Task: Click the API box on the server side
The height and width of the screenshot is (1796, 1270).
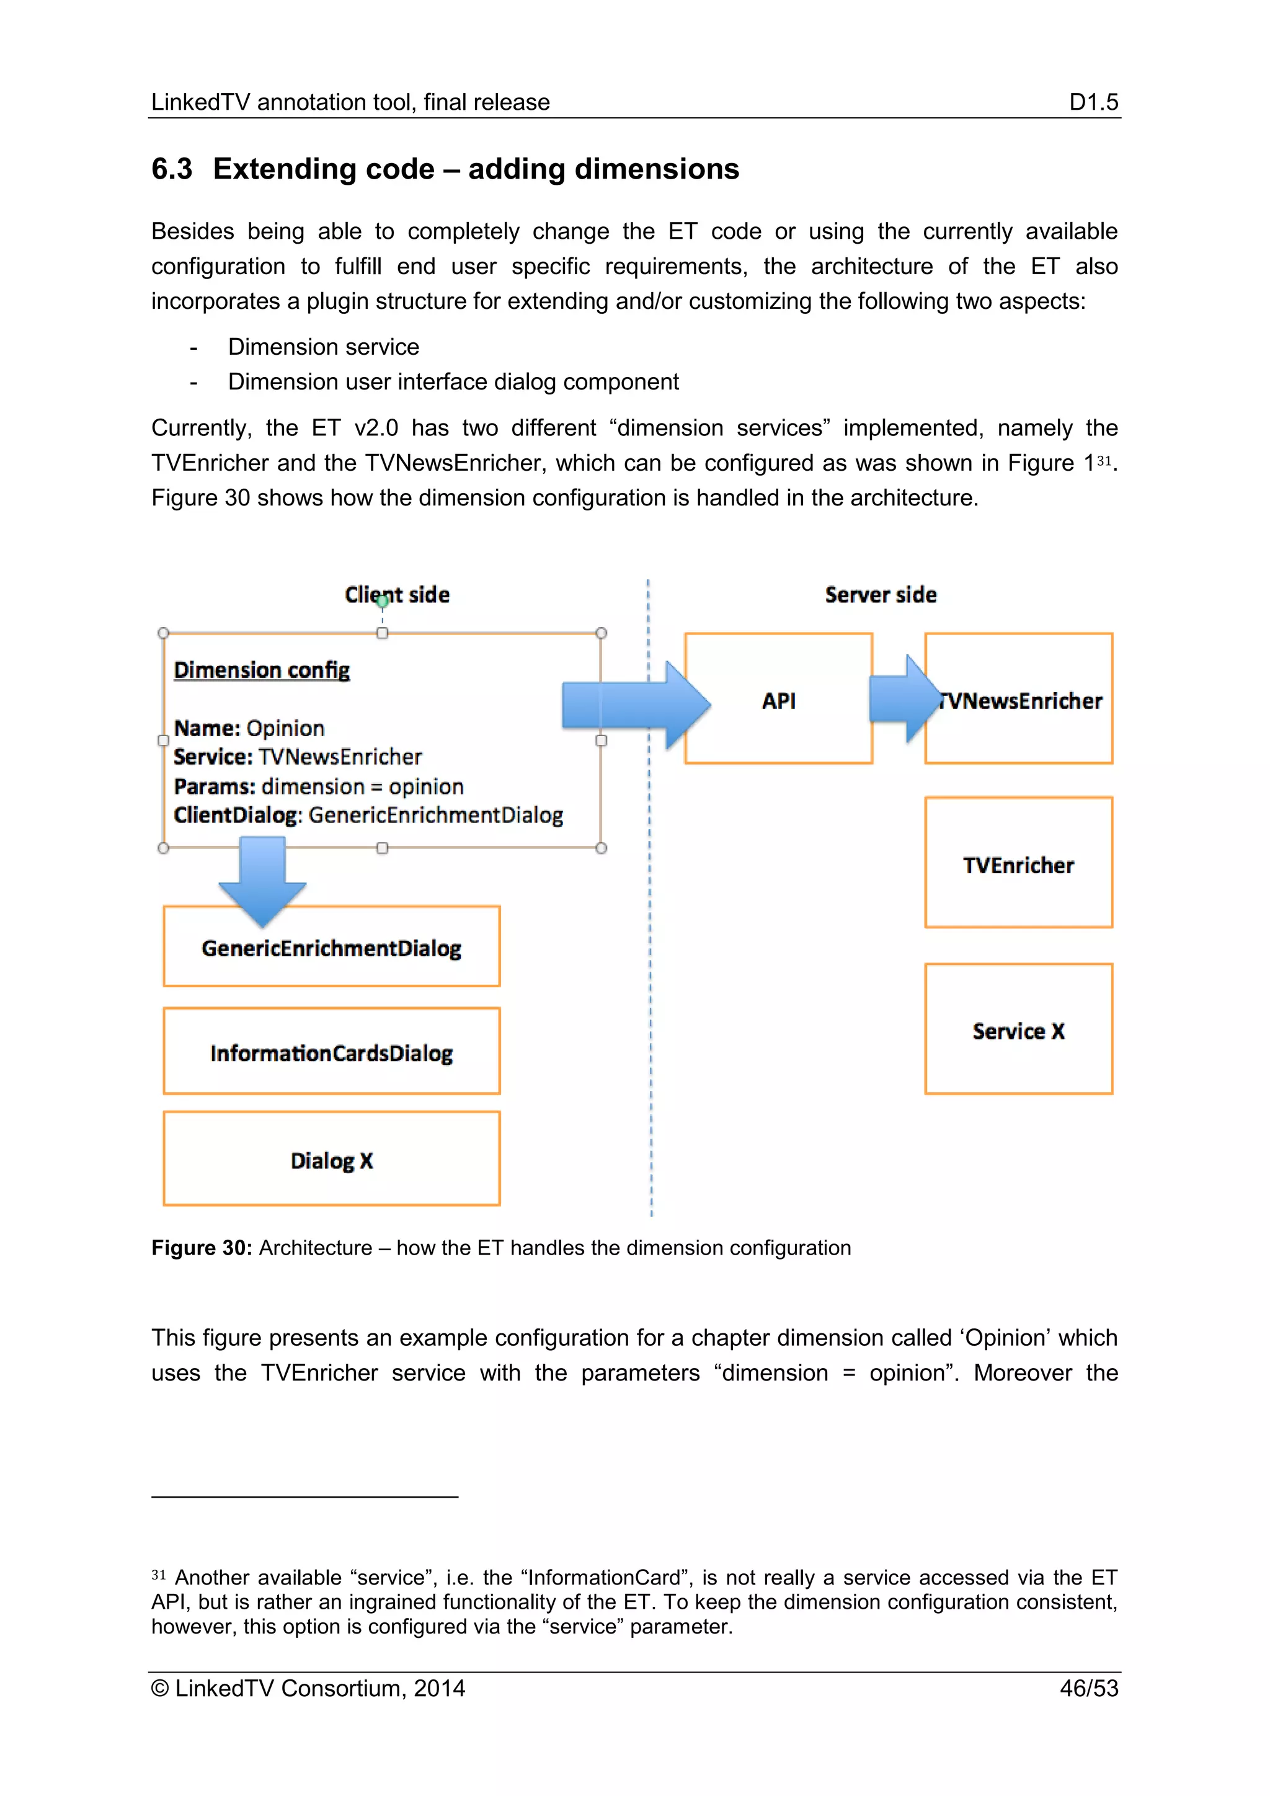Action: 778,698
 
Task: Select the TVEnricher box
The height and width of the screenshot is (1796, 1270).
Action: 1018,863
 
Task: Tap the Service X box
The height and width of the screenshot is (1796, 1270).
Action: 1018,1029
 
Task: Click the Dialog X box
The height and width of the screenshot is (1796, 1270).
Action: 332,1158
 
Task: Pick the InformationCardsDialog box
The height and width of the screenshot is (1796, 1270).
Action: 332,1051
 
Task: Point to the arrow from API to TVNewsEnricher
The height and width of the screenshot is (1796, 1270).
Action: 904,698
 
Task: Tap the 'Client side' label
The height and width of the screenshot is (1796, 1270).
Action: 397,595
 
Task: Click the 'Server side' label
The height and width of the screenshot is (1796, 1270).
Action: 881,595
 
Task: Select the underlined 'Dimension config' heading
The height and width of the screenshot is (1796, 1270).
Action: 261,670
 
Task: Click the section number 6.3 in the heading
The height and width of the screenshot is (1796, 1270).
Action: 171,169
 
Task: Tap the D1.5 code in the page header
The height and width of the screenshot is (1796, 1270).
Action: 1093,102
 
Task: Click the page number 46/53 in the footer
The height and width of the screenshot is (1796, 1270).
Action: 1088,1688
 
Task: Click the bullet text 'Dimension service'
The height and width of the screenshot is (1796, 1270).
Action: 323,347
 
